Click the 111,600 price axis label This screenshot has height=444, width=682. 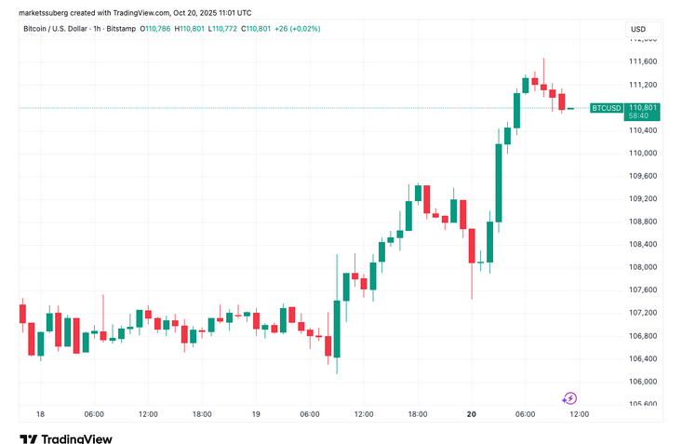pos(643,61)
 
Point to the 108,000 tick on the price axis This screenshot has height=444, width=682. pos(643,267)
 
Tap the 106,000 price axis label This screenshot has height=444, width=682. pos(643,382)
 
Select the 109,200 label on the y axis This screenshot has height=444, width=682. pos(643,199)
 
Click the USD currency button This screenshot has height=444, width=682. pos(638,29)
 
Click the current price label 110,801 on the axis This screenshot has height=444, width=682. pos(643,108)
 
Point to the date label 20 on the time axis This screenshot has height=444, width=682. pos(472,414)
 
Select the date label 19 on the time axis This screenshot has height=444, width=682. pos(256,414)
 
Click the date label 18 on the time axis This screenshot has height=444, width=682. pos(40,414)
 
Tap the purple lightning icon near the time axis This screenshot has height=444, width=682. pos(570,398)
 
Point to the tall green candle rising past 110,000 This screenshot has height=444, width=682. pos(499,182)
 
